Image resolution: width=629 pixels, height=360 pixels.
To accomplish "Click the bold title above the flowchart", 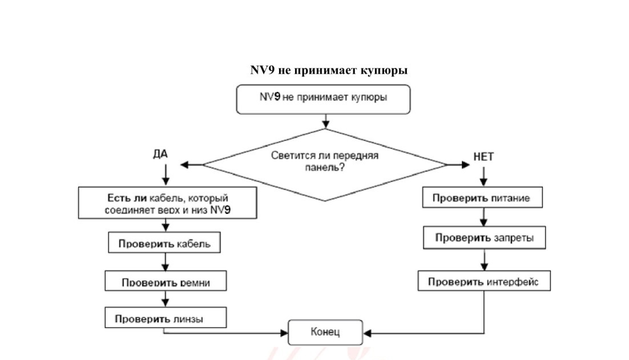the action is click(329, 70).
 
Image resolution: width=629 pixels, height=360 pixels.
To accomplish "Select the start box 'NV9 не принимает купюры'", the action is click(323, 99).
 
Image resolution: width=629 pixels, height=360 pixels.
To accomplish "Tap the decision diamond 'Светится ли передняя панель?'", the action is click(325, 165).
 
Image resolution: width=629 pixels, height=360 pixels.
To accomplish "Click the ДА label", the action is click(160, 154).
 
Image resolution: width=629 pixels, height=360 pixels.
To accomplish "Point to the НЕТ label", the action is click(483, 157).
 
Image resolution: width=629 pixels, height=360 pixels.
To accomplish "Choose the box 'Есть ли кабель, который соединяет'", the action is click(168, 203).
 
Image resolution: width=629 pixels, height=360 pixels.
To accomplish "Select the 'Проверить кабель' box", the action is click(164, 242).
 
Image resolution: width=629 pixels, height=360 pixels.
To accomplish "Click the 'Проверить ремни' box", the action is click(166, 281).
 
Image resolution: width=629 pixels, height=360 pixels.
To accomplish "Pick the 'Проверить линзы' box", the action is click(166, 318).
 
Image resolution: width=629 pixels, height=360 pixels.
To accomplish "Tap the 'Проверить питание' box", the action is click(482, 197).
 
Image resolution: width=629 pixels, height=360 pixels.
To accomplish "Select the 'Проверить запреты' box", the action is click(484, 238).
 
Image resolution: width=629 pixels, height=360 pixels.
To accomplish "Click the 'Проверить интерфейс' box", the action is click(484, 281).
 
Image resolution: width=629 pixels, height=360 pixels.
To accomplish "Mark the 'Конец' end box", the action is click(325, 333).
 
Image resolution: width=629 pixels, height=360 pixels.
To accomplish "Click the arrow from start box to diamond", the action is click(325, 122).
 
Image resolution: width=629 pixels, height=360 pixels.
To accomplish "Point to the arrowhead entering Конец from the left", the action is click(284, 333).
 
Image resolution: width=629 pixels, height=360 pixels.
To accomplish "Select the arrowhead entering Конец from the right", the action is click(367, 333).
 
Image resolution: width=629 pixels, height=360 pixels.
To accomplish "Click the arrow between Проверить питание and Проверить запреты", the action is click(483, 217).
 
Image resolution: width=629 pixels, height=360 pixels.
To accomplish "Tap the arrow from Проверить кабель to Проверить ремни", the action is click(166, 262).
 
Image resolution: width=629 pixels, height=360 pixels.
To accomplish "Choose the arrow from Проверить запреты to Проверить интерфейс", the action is click(484, 260).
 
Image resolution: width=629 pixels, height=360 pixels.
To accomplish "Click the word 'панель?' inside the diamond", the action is click(325, 168).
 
